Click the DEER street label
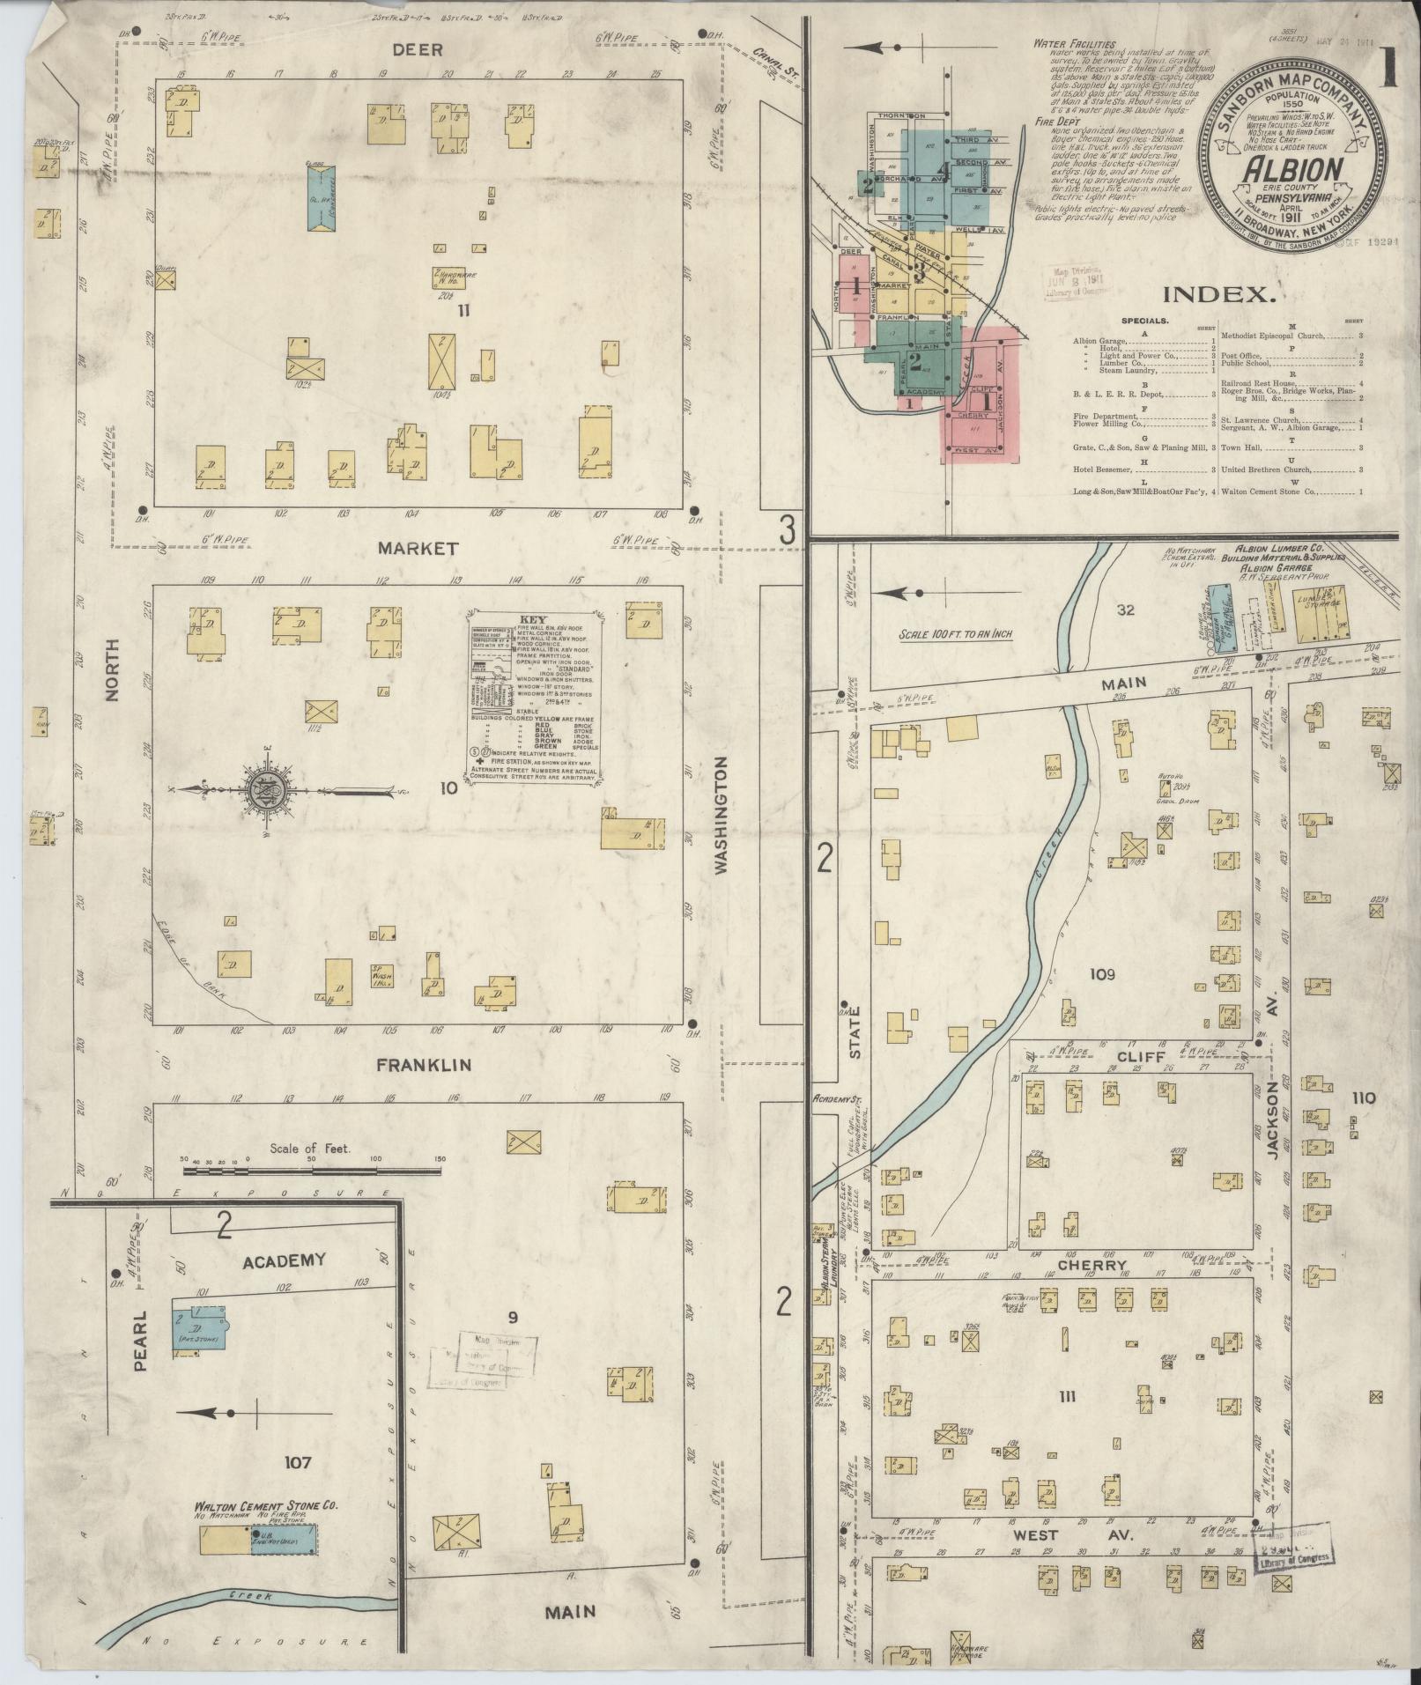418,50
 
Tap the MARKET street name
418,549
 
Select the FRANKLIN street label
424,1065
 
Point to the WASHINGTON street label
722,816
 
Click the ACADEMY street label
283,1260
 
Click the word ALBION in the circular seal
1292,169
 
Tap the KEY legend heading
534,618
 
